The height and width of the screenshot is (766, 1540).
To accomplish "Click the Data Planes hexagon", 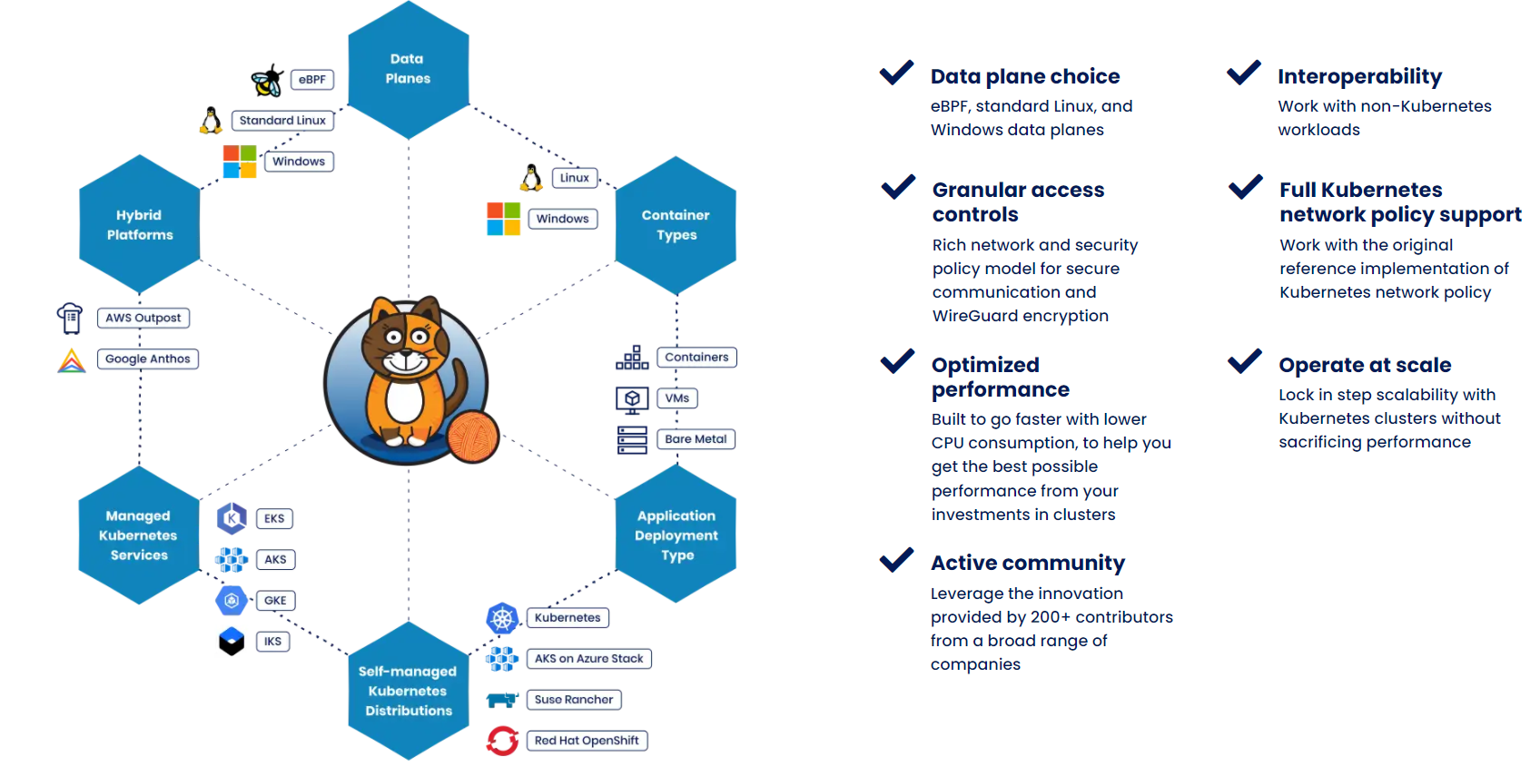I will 408,69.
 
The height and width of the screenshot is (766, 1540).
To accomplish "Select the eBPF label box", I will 311,80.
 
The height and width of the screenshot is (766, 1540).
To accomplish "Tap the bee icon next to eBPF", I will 267,81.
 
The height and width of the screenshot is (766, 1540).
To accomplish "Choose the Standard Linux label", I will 282,121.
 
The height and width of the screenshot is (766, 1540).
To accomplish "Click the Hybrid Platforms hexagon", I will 139,225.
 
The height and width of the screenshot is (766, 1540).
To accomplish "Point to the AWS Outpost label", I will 143,319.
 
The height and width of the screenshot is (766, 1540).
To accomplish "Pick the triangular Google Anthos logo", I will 72,360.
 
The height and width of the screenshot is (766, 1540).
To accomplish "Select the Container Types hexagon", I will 676,225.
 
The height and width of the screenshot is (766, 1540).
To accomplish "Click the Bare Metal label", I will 696,439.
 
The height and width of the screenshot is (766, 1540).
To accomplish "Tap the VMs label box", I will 676,398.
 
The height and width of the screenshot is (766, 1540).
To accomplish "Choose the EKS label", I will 274,519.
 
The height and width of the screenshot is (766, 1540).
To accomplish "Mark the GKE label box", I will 275,601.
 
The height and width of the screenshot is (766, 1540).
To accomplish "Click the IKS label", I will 272,642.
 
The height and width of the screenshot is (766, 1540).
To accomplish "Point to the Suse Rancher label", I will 574,700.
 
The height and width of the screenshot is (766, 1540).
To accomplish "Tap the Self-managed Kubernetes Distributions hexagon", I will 408,691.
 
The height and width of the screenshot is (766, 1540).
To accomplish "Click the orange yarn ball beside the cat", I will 472,437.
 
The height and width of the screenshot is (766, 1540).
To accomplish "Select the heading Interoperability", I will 1359,76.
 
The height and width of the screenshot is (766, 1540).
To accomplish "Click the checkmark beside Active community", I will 896,559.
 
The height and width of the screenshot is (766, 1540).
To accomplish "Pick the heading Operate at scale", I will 1365,365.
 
